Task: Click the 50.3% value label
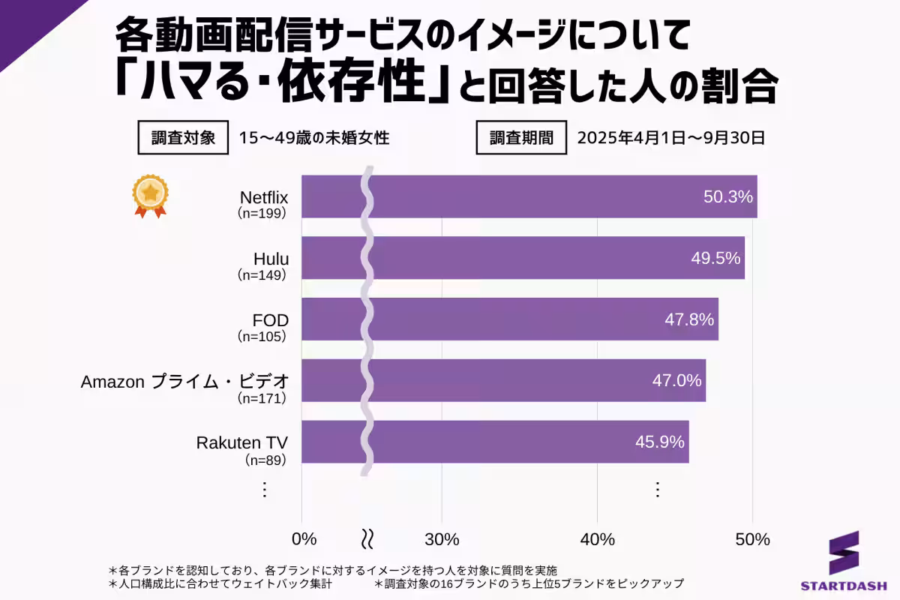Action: tap(727, 196)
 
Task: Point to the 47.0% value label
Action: tap(676, 380)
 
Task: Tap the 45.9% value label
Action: tap(660, 442)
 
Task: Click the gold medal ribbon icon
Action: tap(150, 196)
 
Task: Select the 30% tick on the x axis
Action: tap(442, 539)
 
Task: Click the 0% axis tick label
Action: tap(304, 539)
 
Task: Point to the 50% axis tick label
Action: tap(752, 539)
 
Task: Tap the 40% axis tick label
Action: tap(597, 539)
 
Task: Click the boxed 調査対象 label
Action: tap(184, 138)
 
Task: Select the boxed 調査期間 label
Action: tap(522, 138)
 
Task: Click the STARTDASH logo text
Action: tap(843, 584)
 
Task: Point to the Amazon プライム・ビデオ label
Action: tap(184, 381)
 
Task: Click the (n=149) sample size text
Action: tap(262, 275)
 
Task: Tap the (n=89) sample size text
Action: tap(266, 460)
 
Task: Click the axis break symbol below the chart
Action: tap(367, 539)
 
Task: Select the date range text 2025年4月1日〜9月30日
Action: tap(670, 138)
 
